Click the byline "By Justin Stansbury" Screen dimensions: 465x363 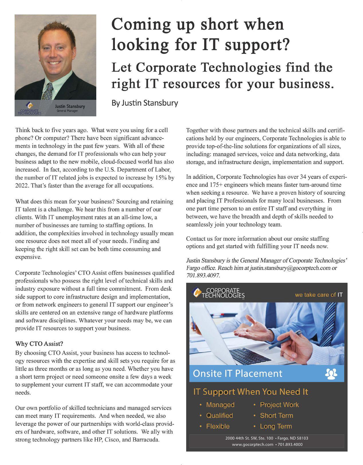145,103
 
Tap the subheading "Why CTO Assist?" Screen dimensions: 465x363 39,344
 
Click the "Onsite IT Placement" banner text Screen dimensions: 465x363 238,373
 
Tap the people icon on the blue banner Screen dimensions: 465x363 331,374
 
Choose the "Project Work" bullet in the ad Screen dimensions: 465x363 279,405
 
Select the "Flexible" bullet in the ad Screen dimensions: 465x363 218,426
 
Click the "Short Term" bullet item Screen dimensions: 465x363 276,415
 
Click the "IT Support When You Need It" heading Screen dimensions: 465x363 251,392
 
